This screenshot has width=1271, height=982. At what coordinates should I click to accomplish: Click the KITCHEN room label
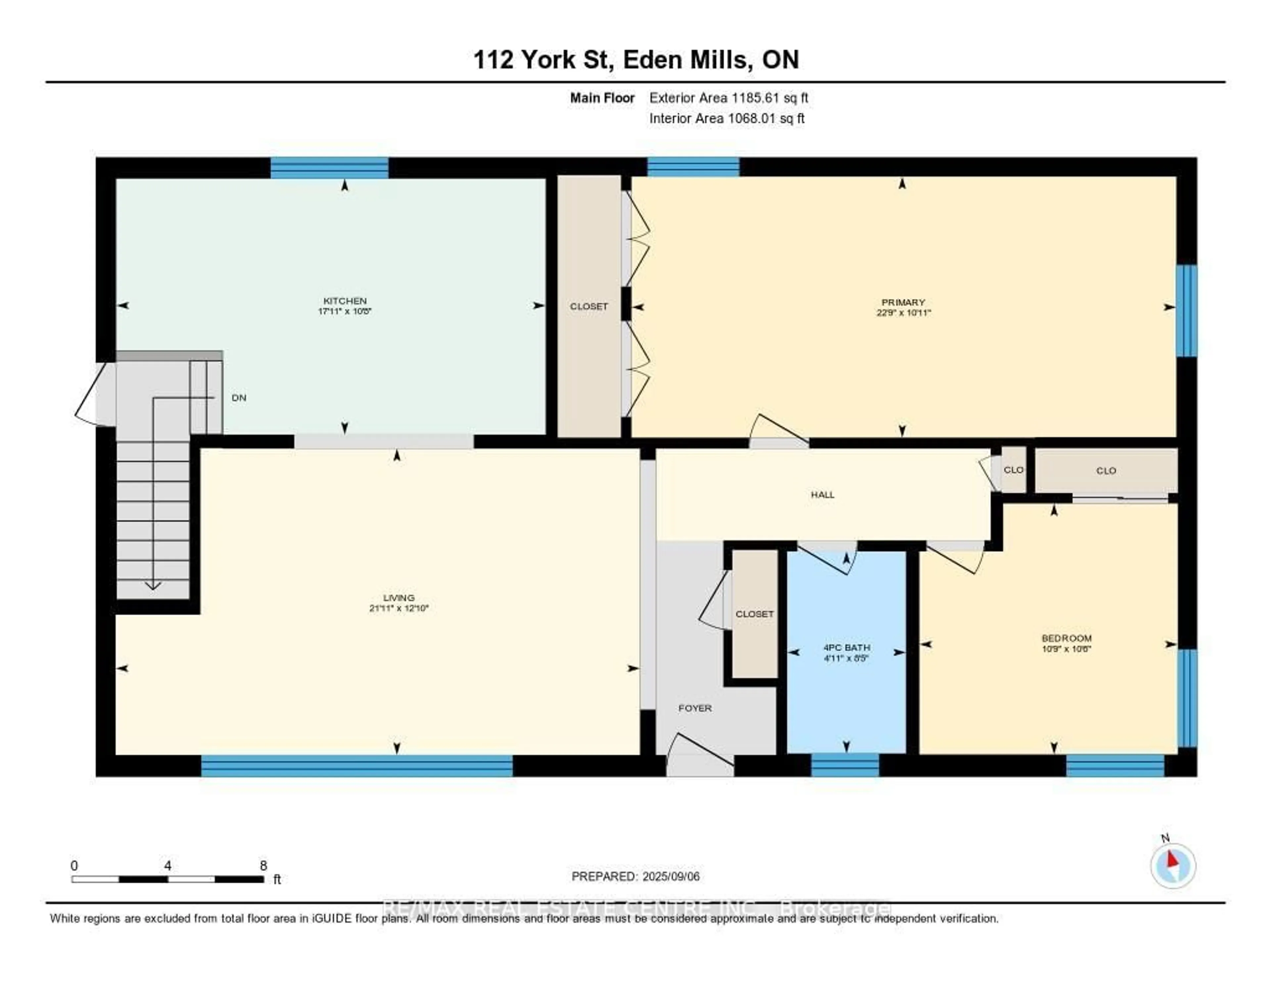[x=345, y=300]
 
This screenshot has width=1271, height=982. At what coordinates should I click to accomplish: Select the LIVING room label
[x=399, y=597]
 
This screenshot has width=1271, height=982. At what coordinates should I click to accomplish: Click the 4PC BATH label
[x=847, y=647]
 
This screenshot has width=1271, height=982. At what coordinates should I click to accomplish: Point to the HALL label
[x=822, y=494]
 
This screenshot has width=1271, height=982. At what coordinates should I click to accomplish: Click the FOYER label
[x=695, y=708]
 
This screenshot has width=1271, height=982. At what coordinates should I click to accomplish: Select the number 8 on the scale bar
[x=263, y=865]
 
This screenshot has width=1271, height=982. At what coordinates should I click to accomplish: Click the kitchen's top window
[x=329, y=168]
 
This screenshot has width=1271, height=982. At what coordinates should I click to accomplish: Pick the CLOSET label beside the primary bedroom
[x=588, y=306]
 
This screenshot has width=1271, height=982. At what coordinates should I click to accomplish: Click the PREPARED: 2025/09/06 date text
[x=635, y=876]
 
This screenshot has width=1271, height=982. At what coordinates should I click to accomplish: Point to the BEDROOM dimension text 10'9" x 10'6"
[x=1066, y=648]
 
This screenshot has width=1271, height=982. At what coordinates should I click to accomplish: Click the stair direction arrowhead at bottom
[x=153, y=586]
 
